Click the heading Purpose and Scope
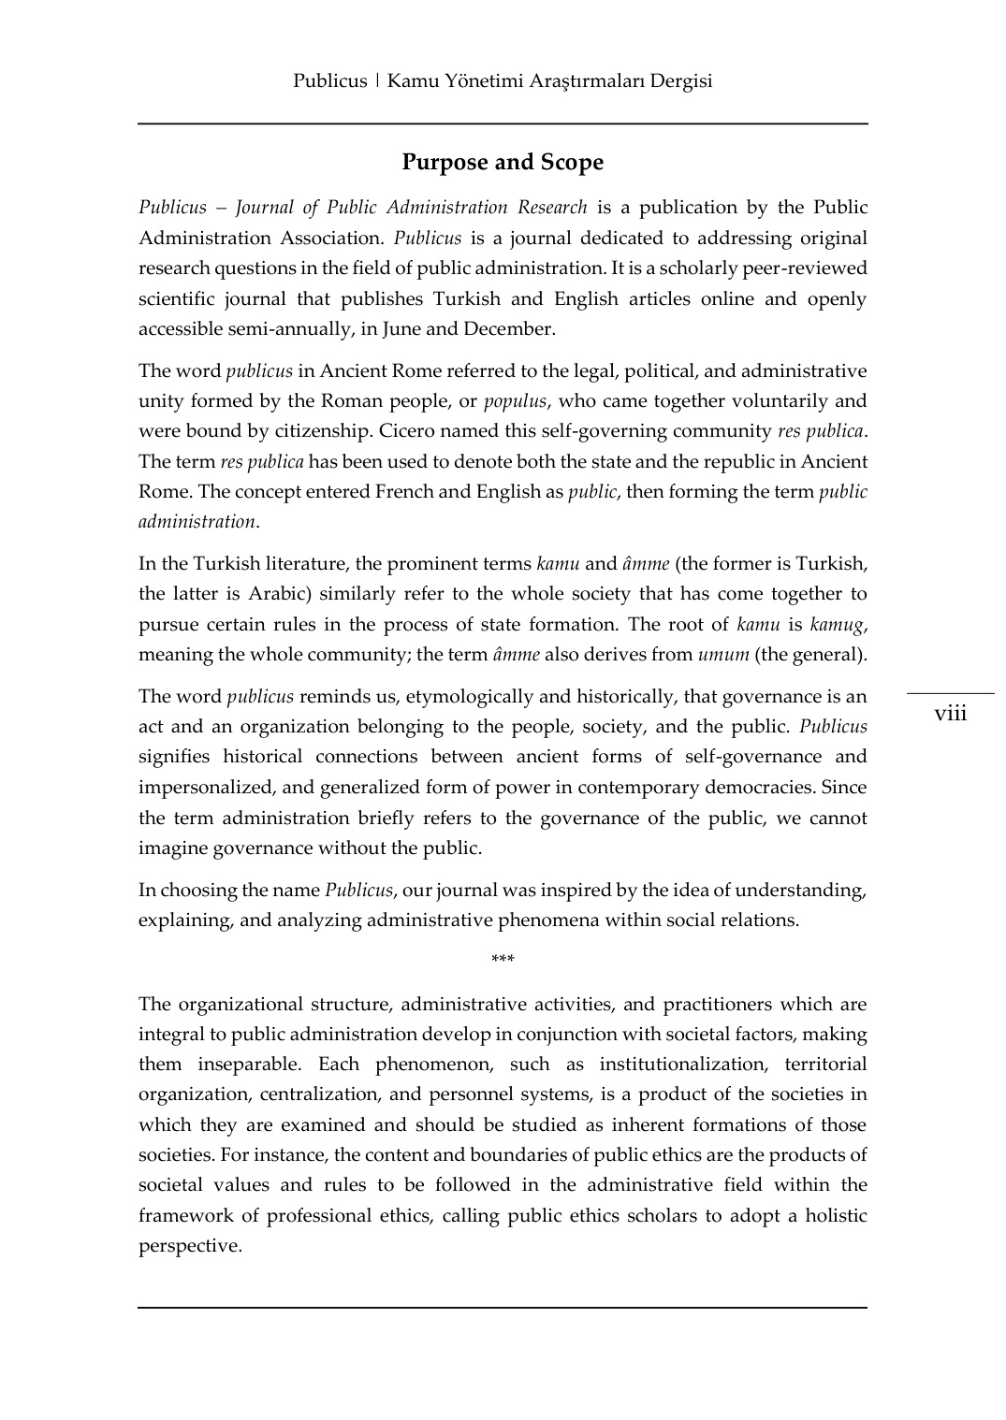pos(503,163)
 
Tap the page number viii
pos(950,714)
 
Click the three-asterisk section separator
pos(503,960)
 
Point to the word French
pos(404,492)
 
